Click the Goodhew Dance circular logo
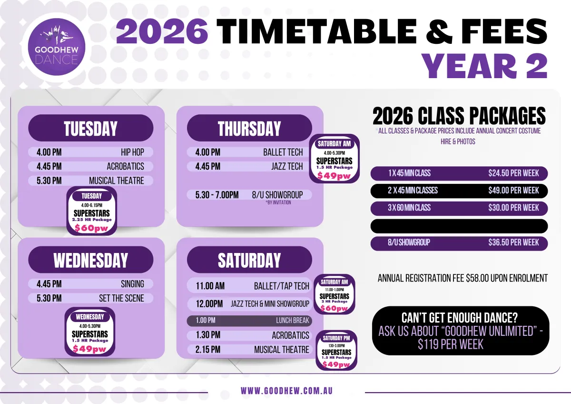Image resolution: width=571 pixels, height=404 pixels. click(x=56, y=47)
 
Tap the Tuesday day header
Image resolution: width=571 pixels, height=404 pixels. click(x=91, y=128)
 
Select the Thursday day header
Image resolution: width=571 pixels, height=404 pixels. click(x=249, y=128)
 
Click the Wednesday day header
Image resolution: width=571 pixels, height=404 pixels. click(x=91, y=260)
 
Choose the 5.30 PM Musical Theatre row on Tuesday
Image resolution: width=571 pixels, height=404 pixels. click(x=91, y=181)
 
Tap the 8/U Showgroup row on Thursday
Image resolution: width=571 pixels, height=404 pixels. click(x=249, y=195)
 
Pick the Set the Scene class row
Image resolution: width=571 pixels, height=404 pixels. click(x=91, y=298)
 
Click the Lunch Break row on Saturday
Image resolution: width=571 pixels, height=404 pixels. click(x=249, y=321)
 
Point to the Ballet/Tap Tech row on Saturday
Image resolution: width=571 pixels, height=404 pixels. click(x=249, y=286)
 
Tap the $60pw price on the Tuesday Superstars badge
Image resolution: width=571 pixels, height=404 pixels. click(x=91, y=228)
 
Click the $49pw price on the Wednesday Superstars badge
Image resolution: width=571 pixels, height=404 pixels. click(x=89, y=349)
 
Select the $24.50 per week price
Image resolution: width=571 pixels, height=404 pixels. click(x=513, y=173)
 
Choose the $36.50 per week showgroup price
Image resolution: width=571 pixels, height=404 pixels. click(x=513, y=242)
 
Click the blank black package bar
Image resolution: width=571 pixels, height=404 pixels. click(x=459, y=226)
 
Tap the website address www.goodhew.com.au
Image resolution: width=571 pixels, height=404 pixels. click(x=287, y=391)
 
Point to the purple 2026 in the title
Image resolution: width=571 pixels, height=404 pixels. click(x=162, y=31)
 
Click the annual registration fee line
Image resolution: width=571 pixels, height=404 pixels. click(x=463, y=278)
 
